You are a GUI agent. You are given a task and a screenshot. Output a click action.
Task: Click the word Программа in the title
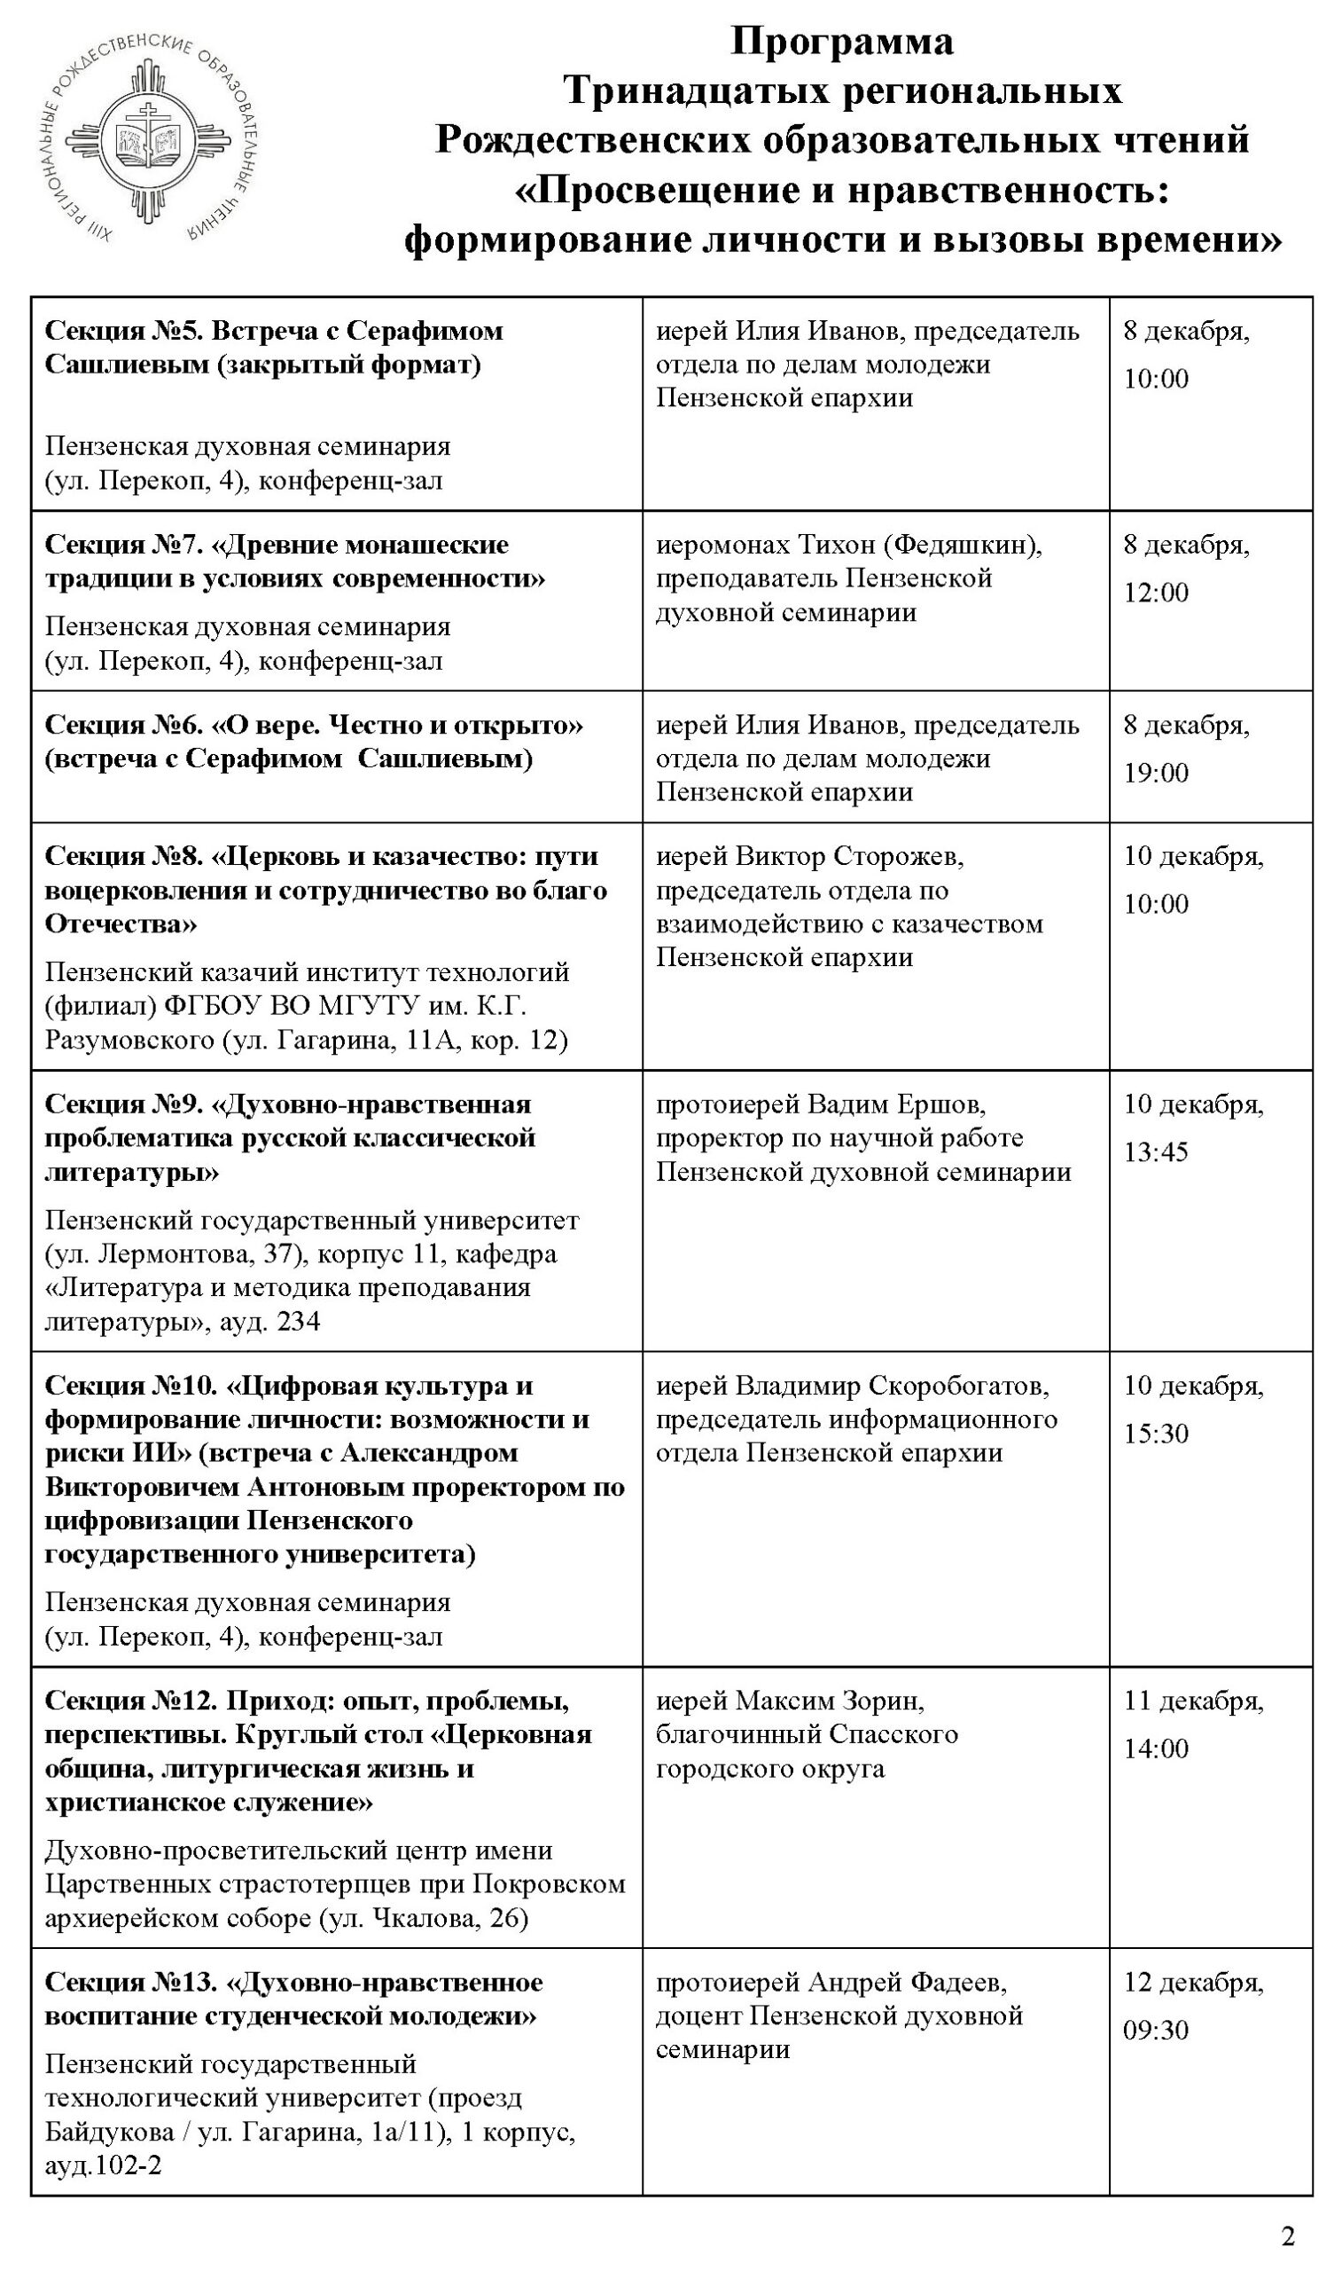841,42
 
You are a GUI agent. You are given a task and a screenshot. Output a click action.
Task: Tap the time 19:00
1156,773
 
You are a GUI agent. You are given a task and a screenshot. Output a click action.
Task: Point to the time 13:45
1156,1151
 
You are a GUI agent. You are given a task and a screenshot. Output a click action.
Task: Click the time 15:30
1156,1434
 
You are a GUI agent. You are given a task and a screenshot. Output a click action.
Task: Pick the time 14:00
1156,1748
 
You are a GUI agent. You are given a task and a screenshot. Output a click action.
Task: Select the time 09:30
1156,2031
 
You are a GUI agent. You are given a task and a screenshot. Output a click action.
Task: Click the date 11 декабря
1193,1701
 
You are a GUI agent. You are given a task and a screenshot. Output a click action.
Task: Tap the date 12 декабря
1193,1983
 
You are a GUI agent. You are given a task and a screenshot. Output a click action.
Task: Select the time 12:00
1156,593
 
